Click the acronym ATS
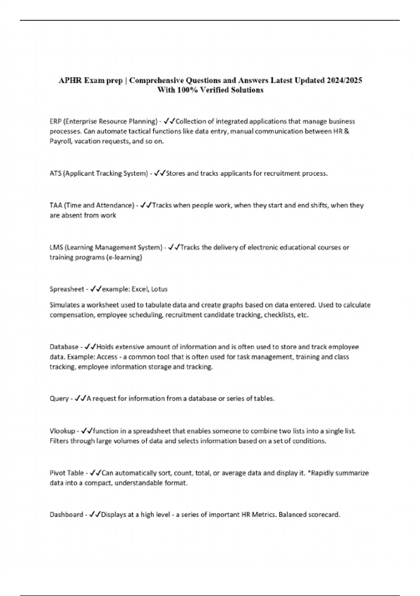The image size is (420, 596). pyautogui.click(x=55, y=174)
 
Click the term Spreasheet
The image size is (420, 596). pyautogui.click(x=67, y=289)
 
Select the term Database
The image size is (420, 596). pyautogui.click(x=64, y=347)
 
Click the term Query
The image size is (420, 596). pyautogui.click(x=59, y=399)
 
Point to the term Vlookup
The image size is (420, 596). pyautogui.click(x=62, y=431)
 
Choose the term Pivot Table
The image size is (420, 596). pyautogui.click(x=66, y=473)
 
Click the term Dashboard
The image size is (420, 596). pyautogui.click(x=66, y=515)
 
